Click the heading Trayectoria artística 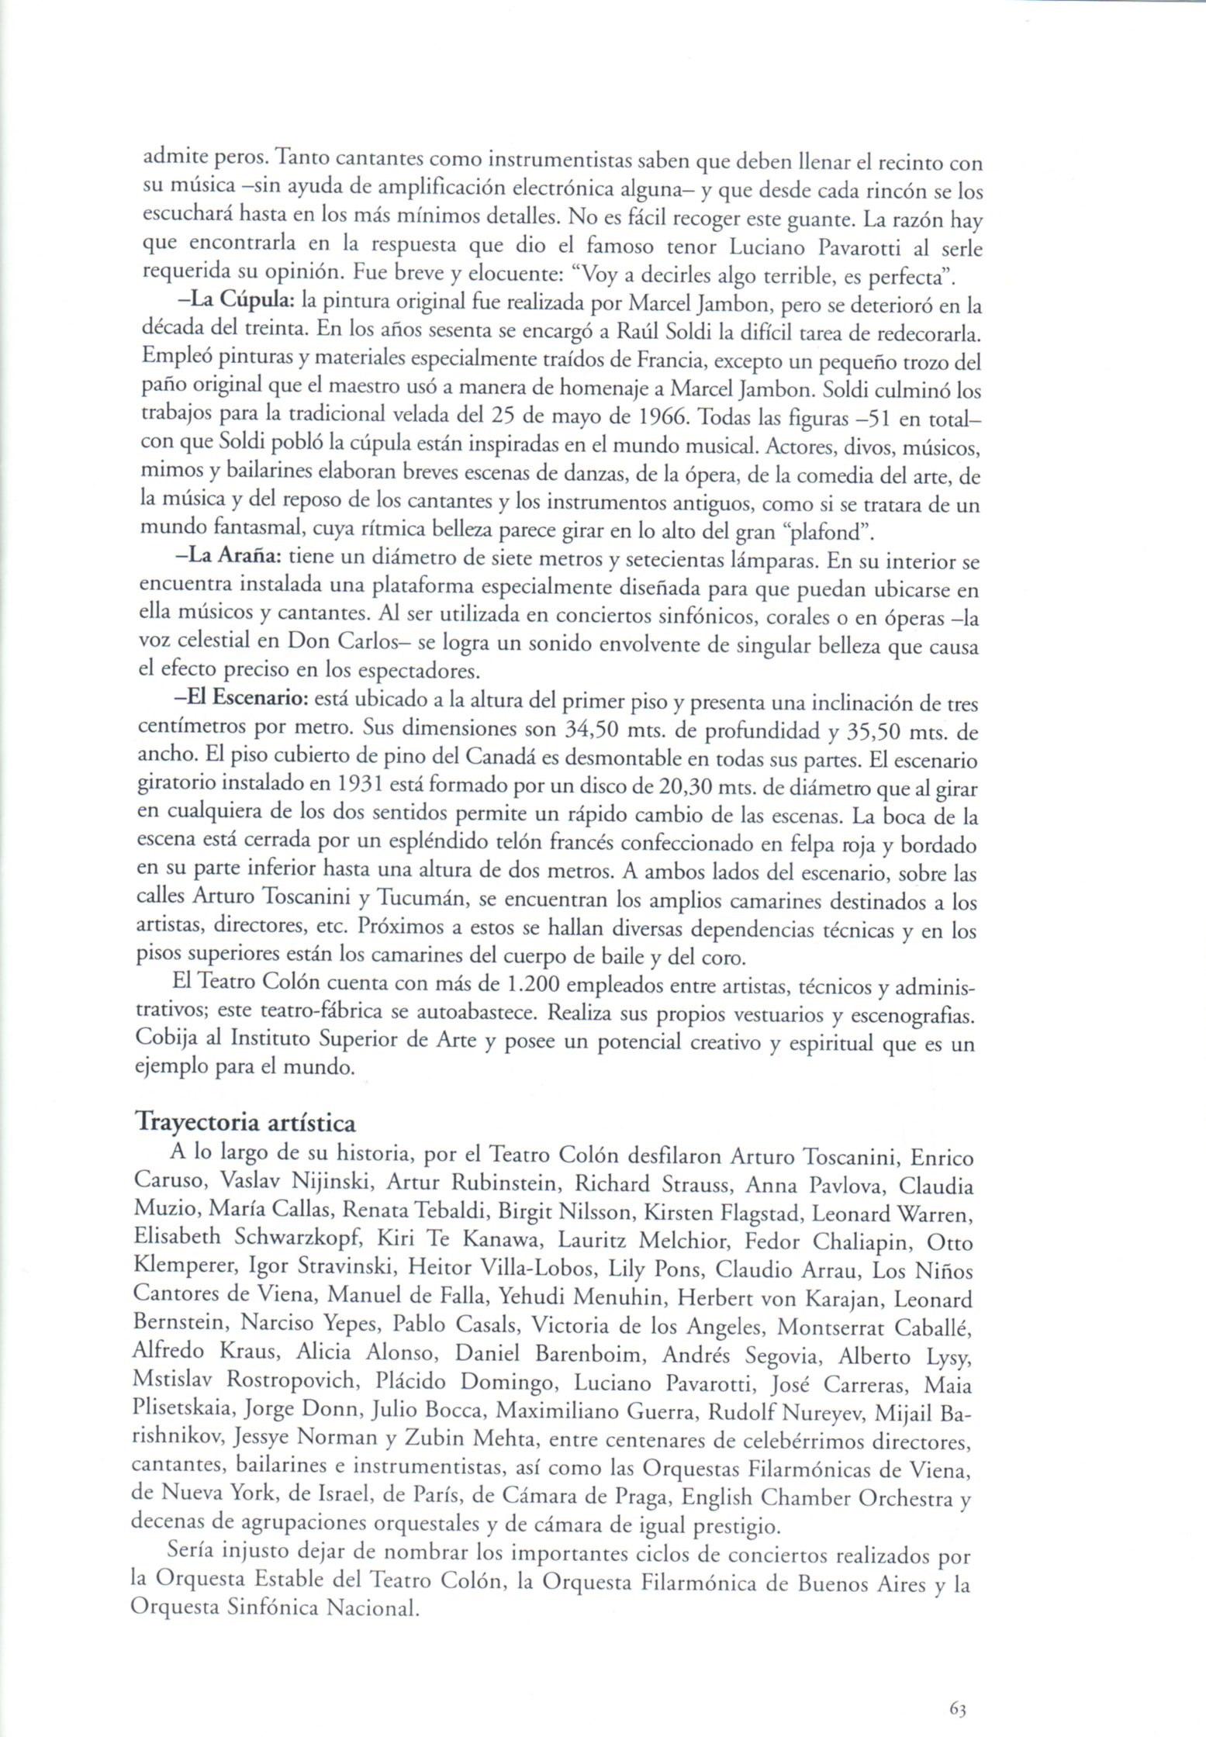pyautogui.click(x=245, y=1122)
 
